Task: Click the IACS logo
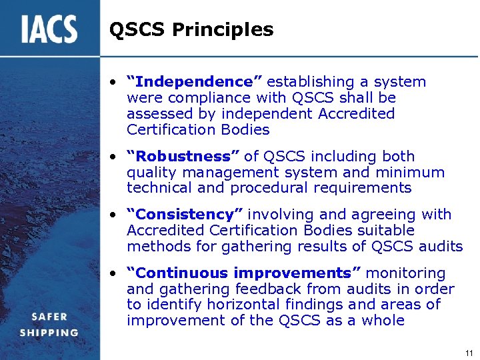(x=49, y=29)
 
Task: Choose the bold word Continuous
(x=173, y=273)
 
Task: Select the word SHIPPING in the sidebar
(x=49, y=332)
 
